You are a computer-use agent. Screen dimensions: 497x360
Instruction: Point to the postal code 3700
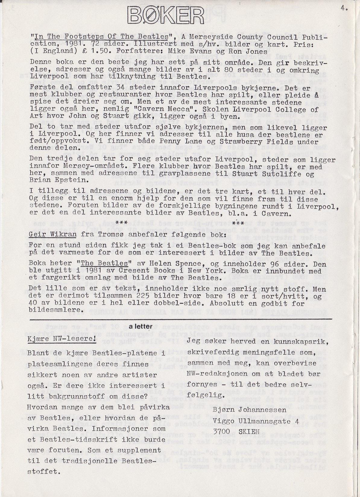coord(221,431)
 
